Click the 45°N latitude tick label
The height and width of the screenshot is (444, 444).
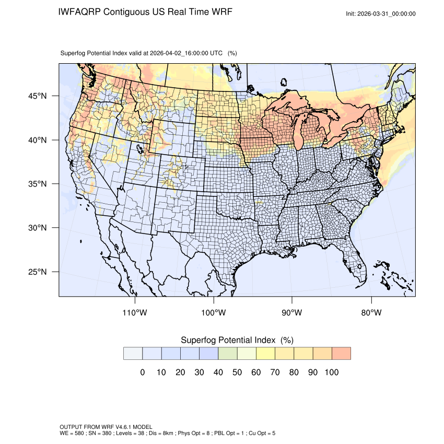(37, 96)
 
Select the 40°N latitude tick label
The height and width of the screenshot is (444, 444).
(37, 140)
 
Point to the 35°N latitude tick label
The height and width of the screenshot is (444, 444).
(37, 184)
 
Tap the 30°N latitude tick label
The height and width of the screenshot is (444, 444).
(37, 228)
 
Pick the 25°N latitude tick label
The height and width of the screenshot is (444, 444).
(37, 272)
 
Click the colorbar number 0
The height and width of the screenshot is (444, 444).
(142, 372)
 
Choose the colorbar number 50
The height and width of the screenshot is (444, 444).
(237, 372)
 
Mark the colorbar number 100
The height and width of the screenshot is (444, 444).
(331, 372)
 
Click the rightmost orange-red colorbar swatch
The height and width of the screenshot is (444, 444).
(341, 354)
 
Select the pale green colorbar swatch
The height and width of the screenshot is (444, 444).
(228, 354)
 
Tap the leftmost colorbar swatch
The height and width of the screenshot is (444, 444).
(133, 354)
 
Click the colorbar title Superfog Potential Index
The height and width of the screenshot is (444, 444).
(228, 340)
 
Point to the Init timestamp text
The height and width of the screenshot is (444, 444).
(381, 14)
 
